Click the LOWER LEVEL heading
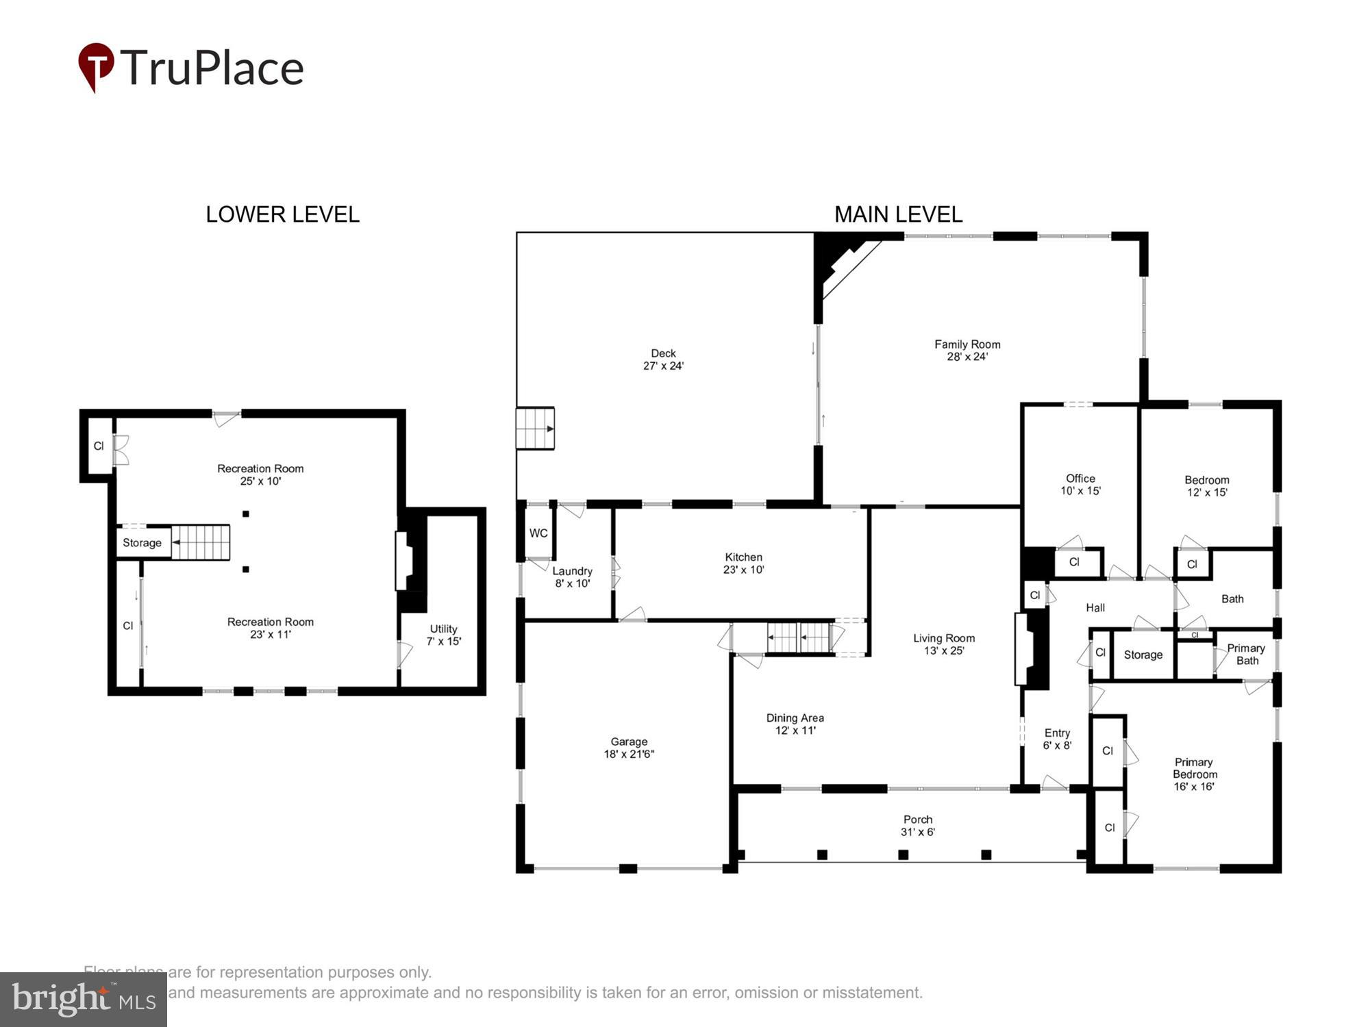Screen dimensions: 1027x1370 282,214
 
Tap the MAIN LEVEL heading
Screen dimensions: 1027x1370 898,214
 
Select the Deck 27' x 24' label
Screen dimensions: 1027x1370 663,359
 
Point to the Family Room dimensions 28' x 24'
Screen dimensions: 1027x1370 967,357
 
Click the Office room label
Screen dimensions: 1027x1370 1080,479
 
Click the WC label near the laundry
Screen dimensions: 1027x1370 538,533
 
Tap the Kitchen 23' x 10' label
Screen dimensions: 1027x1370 743,563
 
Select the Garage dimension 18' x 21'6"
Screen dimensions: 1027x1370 629,754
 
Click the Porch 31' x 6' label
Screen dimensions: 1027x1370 918,826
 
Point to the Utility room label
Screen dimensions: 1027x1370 443,629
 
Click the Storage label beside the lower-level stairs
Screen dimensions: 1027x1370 142,543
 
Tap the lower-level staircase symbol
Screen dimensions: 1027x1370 200,542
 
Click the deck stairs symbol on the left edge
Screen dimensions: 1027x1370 535,429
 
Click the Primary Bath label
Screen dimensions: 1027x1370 1246,654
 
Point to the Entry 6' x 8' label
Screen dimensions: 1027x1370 1057,739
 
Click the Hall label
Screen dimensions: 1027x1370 1095,607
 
